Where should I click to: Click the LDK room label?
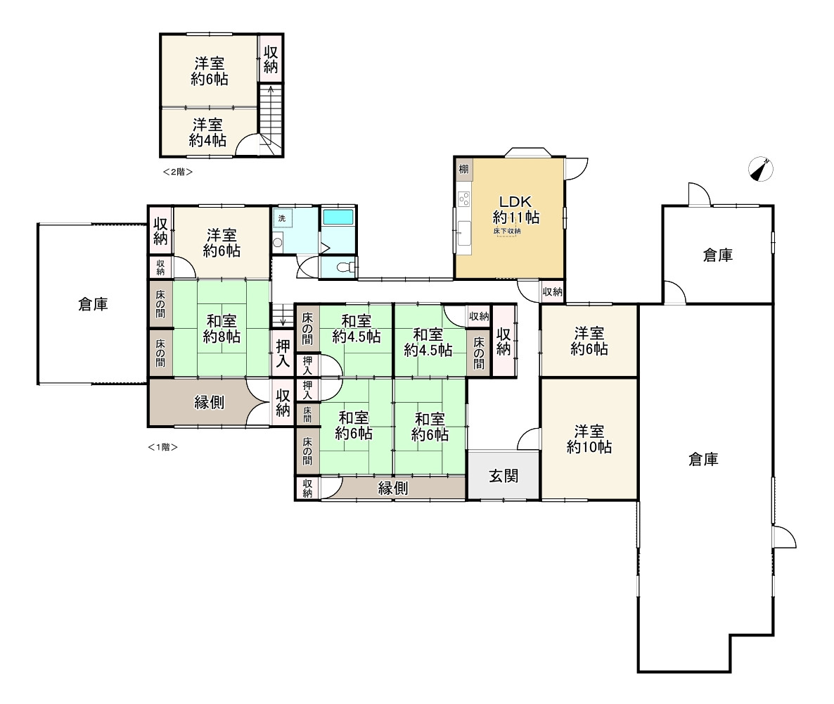coord(515,202)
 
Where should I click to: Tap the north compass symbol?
coord(761,170)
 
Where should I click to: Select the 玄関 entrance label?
coord(503,475)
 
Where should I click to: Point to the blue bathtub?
coord(338,217)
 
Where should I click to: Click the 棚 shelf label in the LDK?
coord(464,169)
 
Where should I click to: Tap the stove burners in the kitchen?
coord(464,199)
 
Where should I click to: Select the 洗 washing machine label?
coord(282,218)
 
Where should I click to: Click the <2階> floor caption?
coord(178,172)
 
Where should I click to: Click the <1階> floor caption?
coord(162,447)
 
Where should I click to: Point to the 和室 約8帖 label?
coord(222,329)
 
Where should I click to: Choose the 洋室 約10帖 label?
coord(589,439)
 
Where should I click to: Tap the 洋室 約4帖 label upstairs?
coord(207,132)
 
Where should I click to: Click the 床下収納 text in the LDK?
coord(507,231)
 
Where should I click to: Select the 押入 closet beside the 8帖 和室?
coord(283,353)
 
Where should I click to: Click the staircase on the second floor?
coord(271,120)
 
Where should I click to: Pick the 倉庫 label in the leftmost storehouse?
coord(93,304)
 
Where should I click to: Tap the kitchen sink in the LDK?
coord(464,233)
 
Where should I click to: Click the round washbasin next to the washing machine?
coord(277,243)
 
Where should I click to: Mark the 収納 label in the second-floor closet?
coord(271,59)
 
